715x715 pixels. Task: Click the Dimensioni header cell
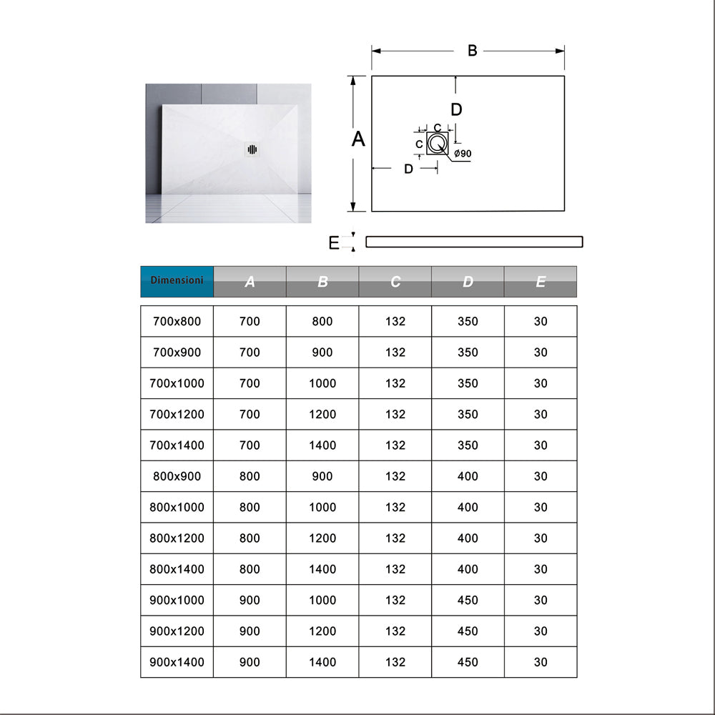pyautogui.click(x=177, y=280)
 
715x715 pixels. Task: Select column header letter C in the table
pyautogui.click(x=395, y=282)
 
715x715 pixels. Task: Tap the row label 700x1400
pyautogui.click(x=177, y=445)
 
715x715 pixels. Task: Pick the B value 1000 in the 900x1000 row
pyautogui.click(x=322, y=601)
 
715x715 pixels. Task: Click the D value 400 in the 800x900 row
pyautogui.click(x=468, y=476)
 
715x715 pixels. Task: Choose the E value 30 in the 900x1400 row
pyautogui.click(x=541, y=662)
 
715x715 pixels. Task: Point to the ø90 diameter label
pyautogui.click(x=462, y=154)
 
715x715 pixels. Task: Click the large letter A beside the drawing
pyautogui.click(x=358, y=139)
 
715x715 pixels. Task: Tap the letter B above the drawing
pyautogui.click(x=472, y=51)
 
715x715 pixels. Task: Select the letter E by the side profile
pyautogui.click(x=334, y=243)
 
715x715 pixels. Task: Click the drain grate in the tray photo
pyautogui.click(x=252, y=149)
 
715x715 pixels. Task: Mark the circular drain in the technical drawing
pyautogui.click(x=437, y=144)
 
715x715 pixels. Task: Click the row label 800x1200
pyautogui.click(x=177, y=538)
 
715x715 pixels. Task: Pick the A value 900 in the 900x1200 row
pyautogui.click(x=250, y=631)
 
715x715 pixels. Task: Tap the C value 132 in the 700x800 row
pyautogui.click(x=395, y=322)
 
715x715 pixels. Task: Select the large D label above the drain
pyautogui.click(x=456, y=109)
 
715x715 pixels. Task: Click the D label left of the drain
pyautogui.click(x=408, y=169)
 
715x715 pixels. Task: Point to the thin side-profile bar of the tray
pyautogui.click(x=474, y=242)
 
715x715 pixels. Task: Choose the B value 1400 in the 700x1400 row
pyautogui.click(x=322, y=445)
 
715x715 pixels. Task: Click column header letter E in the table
pyautogui.click(x=541, y=282)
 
